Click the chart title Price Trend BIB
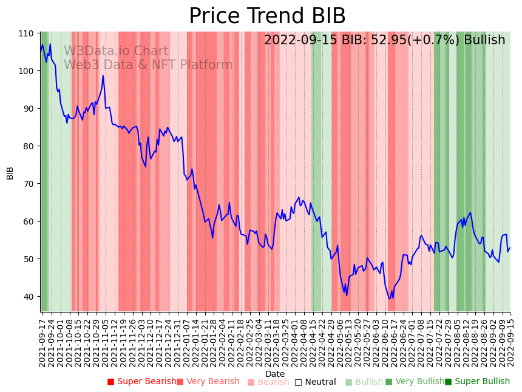[267, 16]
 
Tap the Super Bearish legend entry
[141, 382]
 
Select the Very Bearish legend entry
[208, 382]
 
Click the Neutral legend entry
[315, 382]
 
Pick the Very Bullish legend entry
[415, 382]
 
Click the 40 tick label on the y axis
[27, 297]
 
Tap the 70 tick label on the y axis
[27, 184]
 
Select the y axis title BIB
[10, 172]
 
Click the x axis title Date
[275, 374]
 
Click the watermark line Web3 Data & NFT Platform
[148, 66]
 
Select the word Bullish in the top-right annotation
[484, 41]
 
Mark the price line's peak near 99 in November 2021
[103, 76]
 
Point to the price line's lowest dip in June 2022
[390, 299]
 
